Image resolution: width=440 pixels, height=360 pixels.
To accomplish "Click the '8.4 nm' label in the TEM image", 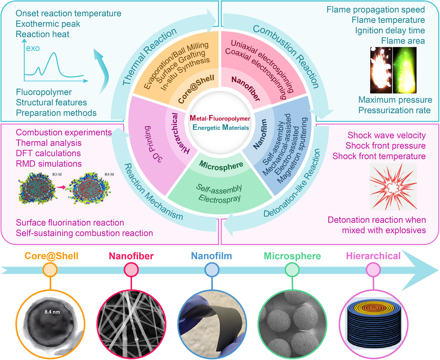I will (x=52, y=311).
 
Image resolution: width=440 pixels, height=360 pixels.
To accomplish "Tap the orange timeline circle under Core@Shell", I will (x=50, y=270).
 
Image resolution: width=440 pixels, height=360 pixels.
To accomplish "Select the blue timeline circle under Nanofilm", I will (x=212, y=270).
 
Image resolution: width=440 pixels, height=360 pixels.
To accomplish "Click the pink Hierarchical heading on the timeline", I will (x=373, y=256).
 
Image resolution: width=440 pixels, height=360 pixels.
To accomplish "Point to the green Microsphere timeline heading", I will (x=292, y=256).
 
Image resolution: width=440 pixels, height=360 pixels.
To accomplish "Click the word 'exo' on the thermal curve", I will (x=33, y=48).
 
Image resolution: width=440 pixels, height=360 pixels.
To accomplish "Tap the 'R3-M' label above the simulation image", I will (x=57, y=174).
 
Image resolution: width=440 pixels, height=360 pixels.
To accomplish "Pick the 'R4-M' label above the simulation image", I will (x=109, y=174).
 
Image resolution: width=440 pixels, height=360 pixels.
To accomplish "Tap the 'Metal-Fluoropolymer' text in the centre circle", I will (x=220, y=119).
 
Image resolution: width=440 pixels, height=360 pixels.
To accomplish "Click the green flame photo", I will (x=405, y=70).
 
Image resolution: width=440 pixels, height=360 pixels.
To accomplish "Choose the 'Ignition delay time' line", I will (x=390, y=30).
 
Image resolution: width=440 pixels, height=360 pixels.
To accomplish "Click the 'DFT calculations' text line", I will (x=48, y=153).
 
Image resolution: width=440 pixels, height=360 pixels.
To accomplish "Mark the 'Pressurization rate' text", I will (x=394, y=110).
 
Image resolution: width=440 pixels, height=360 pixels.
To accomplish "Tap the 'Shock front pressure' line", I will (x=385, y=146).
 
